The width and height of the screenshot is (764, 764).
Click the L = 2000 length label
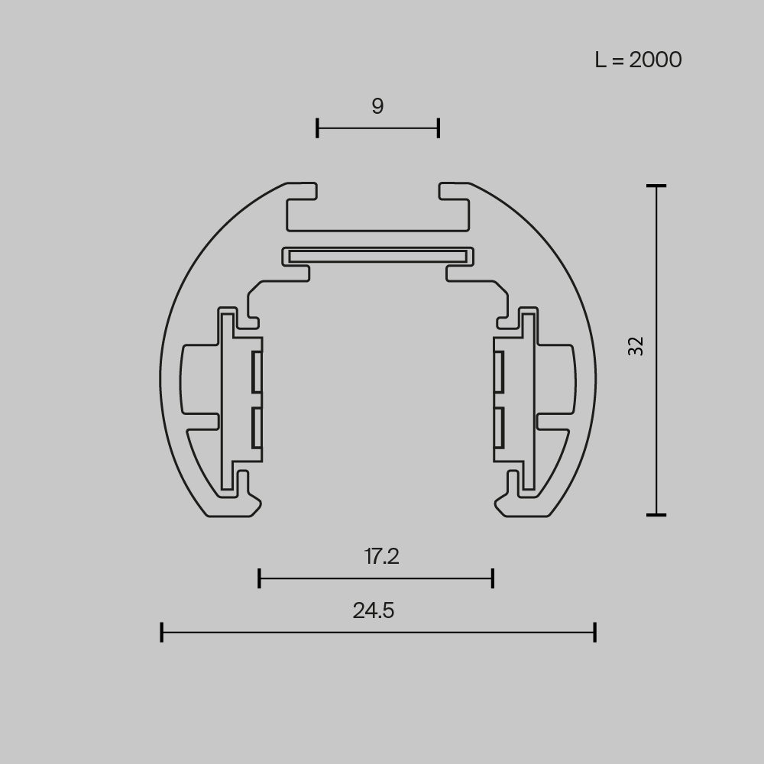638,60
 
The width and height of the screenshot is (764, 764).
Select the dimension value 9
377,106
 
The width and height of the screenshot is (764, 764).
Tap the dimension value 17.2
381,557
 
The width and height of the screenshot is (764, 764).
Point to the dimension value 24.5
374,610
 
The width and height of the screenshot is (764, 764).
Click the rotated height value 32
636,346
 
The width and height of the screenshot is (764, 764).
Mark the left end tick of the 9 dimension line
317,128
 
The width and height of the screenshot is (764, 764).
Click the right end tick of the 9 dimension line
439,128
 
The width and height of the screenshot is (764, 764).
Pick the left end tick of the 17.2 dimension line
260,578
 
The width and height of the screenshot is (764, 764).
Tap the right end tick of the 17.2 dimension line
493,578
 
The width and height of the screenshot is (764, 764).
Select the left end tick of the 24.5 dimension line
162,633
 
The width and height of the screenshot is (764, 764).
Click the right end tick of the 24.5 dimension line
594,633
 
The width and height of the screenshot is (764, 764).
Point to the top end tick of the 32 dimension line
656,186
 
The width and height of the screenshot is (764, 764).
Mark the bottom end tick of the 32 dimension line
656,515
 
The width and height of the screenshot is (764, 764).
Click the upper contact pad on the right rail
498,373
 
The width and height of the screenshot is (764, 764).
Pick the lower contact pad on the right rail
498,427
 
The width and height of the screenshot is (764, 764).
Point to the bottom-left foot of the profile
229,506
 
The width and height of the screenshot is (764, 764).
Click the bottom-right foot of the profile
526,506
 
